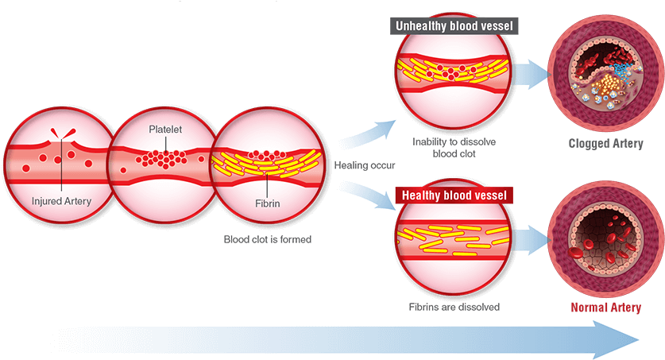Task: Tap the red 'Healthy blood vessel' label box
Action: [455, 195]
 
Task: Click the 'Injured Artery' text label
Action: [61, 201]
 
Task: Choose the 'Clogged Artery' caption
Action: [605, 143]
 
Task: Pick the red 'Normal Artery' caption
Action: [605, 308]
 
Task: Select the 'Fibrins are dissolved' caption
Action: [454, 307]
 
